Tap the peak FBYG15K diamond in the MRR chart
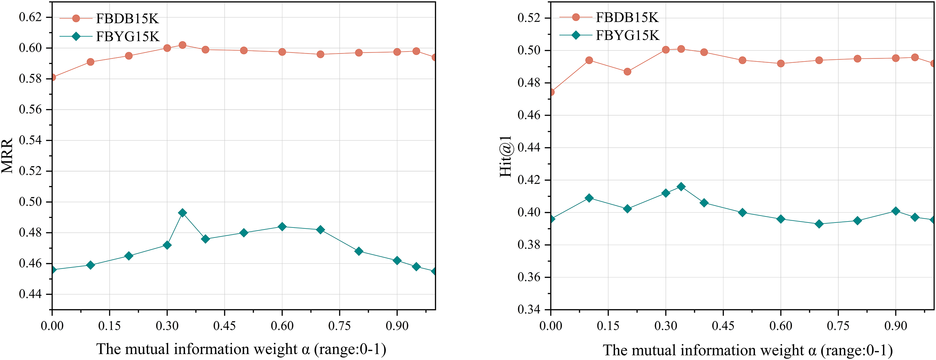tap(183, 213)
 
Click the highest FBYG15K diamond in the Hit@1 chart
tap(681, 187)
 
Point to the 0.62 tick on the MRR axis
tap(30, 17)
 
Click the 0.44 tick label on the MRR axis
tap(30, 294)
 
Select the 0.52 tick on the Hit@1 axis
tap(529, 18)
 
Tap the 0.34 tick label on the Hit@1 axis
tap(529, 310)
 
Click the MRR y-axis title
tap(7, 155)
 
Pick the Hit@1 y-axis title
tap(505, 156)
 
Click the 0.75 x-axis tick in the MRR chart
tap(339, 326)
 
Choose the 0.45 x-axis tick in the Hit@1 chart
tap(723, 326)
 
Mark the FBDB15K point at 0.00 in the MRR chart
tap(52, 77)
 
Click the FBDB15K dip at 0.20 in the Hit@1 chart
tap(627, 72)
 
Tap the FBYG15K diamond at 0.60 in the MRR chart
tap(282, 227)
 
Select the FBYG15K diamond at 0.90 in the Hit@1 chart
tap(896, 211)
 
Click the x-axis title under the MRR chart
tap(241, 349)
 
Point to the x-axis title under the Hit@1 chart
tap(747, 350)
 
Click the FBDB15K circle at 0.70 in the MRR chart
tap(320, 54)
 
